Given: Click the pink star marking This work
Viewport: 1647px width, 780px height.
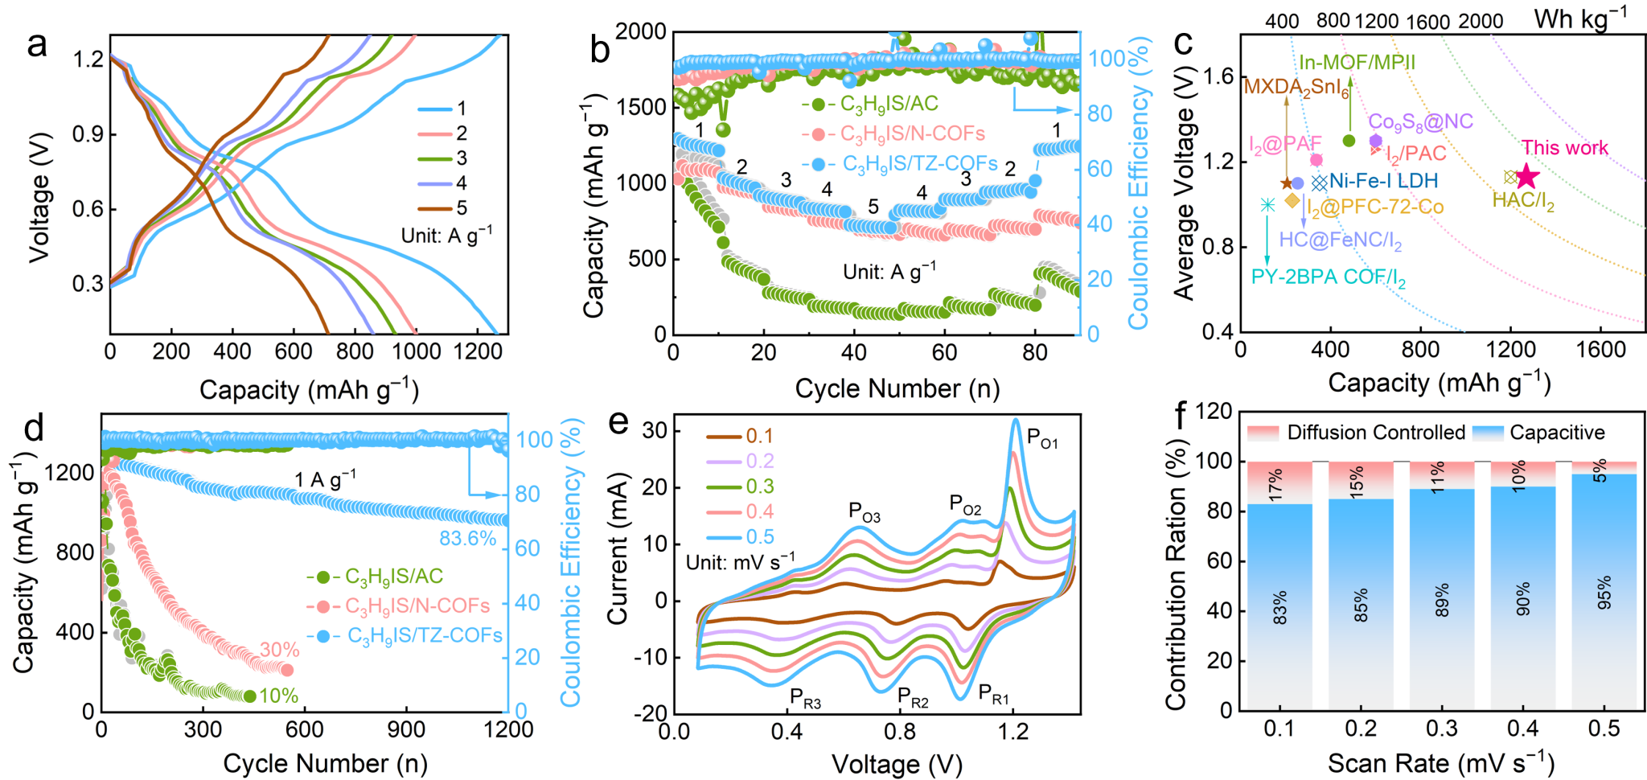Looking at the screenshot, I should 1526,176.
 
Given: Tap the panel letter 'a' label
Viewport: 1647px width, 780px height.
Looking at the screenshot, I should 37,45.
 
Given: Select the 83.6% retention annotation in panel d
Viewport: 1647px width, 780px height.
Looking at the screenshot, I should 467,539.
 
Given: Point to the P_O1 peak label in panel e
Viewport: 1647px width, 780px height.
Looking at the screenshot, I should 1042,438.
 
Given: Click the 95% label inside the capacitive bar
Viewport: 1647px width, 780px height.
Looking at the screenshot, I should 1604,593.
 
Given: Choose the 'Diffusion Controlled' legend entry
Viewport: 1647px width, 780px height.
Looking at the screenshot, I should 1375,433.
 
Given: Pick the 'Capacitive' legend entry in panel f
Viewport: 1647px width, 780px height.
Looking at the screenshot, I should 1556,433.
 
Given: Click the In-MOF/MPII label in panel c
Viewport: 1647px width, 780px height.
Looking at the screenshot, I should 1357,63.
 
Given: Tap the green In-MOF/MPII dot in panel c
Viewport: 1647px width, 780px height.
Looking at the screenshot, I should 1349,141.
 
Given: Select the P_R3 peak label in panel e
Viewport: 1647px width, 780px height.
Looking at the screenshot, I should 805,698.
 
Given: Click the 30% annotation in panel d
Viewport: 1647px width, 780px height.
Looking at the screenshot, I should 279,650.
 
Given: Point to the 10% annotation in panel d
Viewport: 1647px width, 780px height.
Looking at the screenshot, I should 278,696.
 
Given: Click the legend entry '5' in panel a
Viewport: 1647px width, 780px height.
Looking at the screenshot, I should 461,208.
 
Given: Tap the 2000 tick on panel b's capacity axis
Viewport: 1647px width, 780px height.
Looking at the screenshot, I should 640,32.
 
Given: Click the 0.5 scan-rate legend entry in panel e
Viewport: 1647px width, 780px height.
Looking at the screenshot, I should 760,537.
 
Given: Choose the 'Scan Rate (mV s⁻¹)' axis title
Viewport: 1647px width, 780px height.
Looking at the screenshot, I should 1440,762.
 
